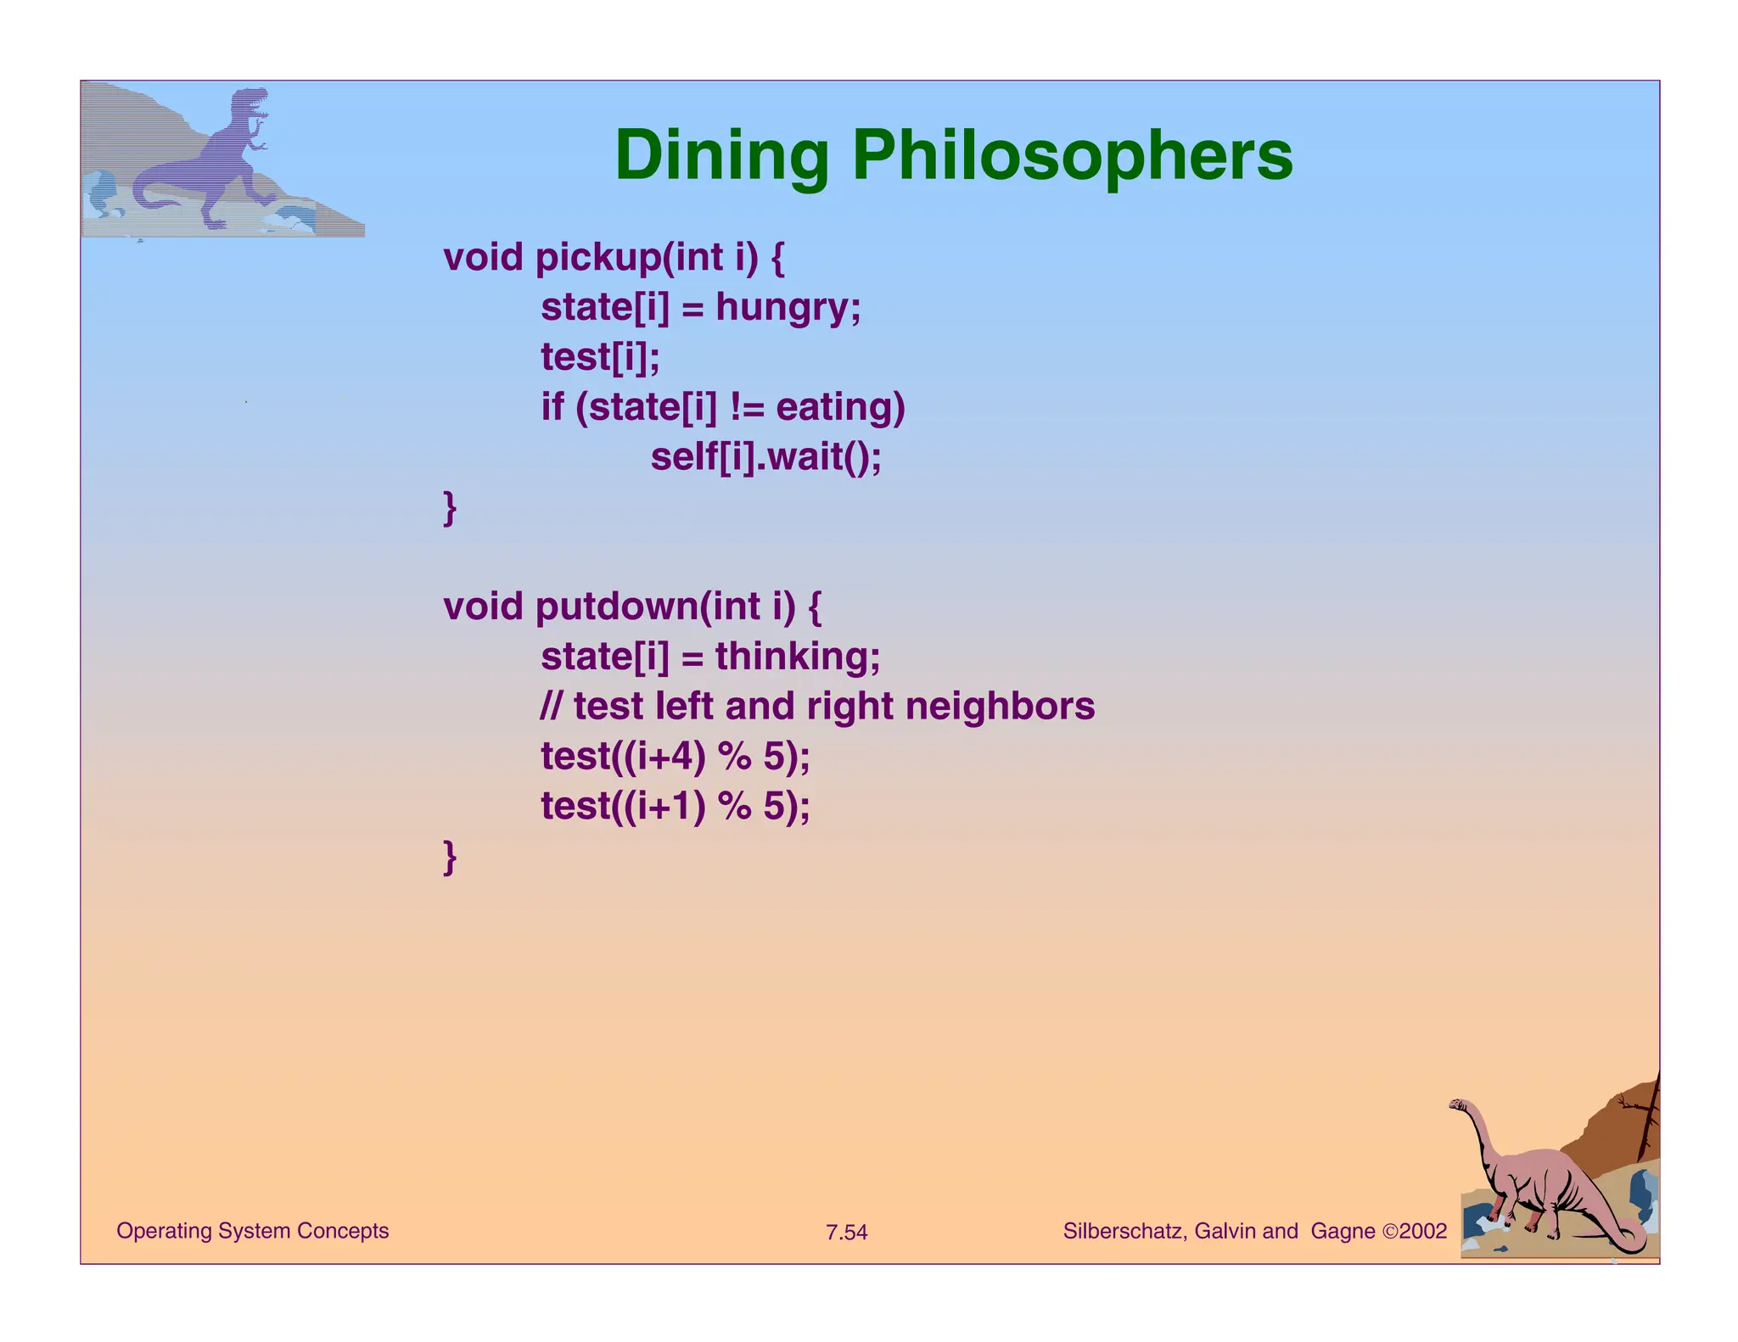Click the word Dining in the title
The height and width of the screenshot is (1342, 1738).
point(720,155)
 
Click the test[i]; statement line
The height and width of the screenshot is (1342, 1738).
point(600,357)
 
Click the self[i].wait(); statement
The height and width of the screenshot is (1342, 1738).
point(765,457)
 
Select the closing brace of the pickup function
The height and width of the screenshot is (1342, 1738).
point(450,508)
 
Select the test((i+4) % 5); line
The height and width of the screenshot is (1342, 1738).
point(675,757)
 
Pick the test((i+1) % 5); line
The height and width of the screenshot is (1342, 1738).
point(675,806)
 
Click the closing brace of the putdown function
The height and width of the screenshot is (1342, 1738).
point(450,857)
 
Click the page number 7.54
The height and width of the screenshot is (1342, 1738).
point(846,1233)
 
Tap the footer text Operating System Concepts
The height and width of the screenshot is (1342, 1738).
point(252,1231)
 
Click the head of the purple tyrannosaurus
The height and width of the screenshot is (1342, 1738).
point(251,102)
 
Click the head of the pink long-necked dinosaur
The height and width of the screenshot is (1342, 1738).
point(1460,1105)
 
